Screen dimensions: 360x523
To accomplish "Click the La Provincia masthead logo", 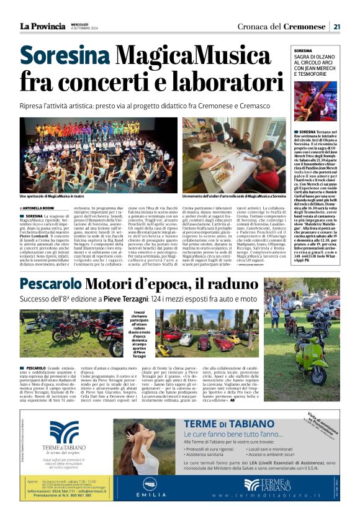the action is (42, 26).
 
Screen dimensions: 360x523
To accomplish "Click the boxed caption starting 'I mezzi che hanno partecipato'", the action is (139, 334).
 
